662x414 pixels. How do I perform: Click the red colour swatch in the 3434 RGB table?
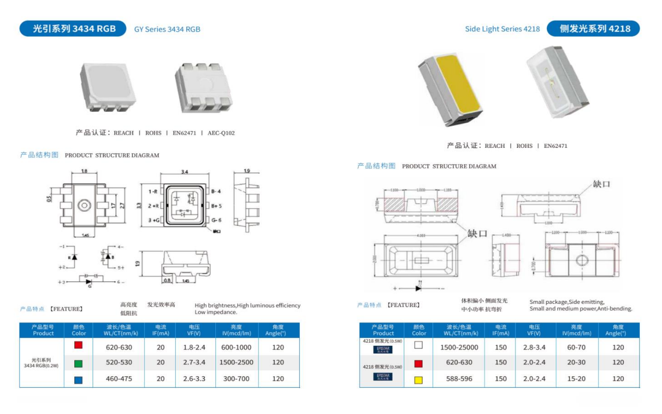tap(78, 345)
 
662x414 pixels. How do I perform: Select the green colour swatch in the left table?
tap(78, 364)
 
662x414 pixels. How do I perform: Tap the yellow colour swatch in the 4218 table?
tap(418, 380)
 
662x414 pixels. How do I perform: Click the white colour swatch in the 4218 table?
tap(418, 345)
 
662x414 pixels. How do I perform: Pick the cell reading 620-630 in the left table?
tap(119, 347)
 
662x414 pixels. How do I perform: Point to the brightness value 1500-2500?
tap(236, 363)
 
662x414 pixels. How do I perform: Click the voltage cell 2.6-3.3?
tap(194, 379)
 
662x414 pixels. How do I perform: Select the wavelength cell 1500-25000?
tap(459, 347)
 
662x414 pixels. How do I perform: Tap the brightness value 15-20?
tap(576, 379)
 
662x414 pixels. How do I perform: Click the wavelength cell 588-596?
tap(459, 379)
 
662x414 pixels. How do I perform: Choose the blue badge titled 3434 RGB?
tap(73, 29)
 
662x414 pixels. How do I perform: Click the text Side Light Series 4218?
tap(502, 29)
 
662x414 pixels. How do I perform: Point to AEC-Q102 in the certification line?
tap(221, 133)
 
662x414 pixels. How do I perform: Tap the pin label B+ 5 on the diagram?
tap(216, 206)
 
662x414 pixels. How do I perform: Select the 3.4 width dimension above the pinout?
tap(185, 172)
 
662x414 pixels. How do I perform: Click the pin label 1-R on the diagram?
tap(153, 191)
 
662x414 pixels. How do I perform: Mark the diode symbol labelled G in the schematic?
tap(89, 281)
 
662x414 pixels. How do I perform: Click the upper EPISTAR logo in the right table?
tap(383, 349)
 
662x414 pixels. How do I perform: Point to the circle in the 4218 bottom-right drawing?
tap(581, 260)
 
